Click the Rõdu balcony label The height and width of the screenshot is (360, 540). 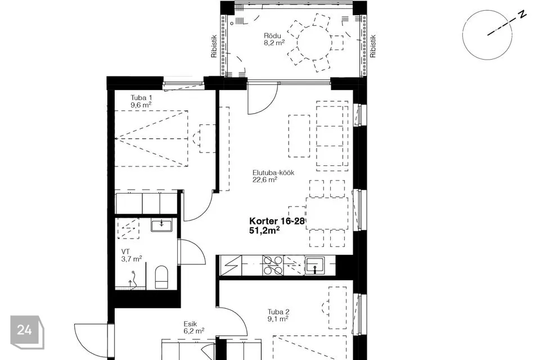272,36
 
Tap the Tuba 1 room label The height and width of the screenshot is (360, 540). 141,98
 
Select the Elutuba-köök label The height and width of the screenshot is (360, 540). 273,173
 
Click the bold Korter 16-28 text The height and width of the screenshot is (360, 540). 277,221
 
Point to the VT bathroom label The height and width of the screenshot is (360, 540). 125,252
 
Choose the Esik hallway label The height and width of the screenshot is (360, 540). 190,324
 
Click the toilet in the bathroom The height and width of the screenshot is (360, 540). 161,277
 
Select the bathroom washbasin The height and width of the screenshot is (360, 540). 161,226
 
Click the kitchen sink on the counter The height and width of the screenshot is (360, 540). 315,265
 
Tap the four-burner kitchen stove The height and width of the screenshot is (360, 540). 273,265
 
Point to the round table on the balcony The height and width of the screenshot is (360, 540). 314,43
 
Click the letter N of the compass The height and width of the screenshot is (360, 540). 523,15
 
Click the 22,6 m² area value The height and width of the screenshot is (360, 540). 265,180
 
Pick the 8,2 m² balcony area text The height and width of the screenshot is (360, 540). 274,43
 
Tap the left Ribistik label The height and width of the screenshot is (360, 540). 214,46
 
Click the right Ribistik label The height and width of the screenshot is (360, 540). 373,46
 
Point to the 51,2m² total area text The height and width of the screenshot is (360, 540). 264,230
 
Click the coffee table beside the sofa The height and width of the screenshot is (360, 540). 299,136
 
